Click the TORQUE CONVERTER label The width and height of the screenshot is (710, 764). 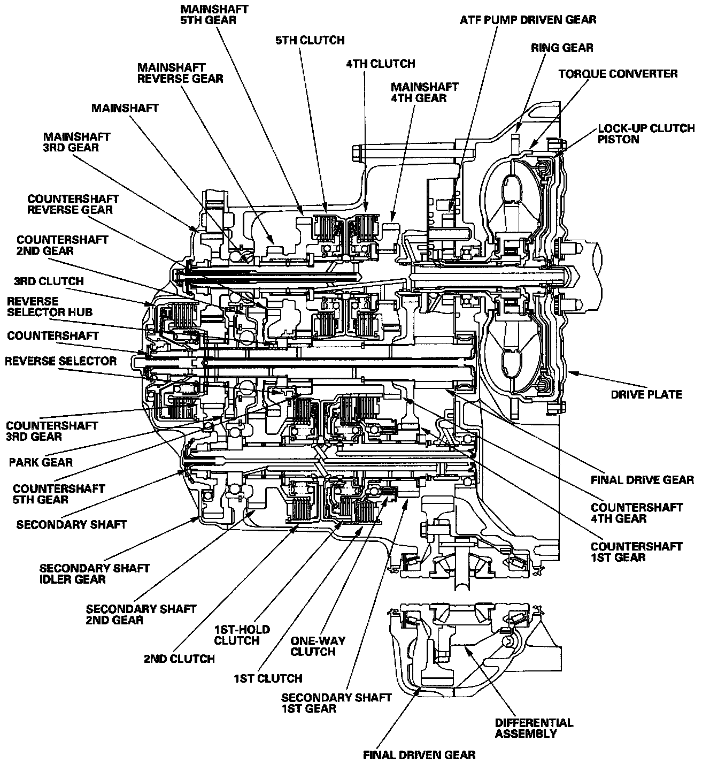point(618,74)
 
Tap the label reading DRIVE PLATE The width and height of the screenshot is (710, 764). point(646,394)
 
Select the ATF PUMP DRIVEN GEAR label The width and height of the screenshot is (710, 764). point(528,20)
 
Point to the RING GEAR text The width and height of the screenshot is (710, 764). point(562,48)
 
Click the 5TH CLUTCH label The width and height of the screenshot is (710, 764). point(310,40)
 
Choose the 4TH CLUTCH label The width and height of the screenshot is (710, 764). point(380,64)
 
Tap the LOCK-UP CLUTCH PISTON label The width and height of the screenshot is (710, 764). point(646,134)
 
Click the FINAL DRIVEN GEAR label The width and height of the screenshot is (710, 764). point(419,755)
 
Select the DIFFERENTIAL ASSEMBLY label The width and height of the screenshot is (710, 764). point(534,728)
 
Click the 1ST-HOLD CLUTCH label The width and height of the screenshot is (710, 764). point(242,635)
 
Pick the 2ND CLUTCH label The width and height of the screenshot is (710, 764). point(179,659)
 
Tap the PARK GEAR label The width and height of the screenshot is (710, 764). point(41,462)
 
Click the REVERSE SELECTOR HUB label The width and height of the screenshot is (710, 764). point(50,307)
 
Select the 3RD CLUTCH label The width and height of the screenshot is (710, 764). point(49,281)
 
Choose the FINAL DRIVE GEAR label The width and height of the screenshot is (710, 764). point(642,480)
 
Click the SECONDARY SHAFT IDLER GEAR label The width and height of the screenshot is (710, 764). point(95,574)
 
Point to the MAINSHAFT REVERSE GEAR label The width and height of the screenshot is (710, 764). point(180,73)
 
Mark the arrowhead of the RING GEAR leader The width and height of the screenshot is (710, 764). point(518,130)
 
